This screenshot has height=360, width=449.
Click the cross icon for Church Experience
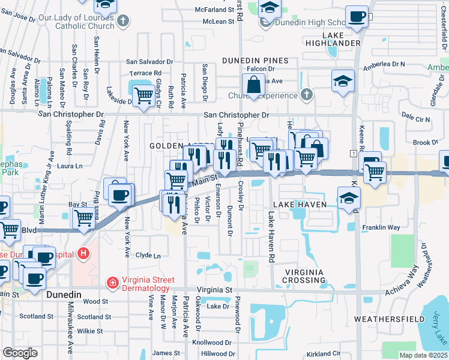click(x=306, y=95)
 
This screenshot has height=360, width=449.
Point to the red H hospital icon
click(x=83, y=254)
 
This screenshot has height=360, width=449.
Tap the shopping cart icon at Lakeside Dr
click(x=143, y=95)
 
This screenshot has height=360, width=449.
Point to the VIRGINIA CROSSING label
click(x=304, y=276)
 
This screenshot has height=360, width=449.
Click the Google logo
click(x=20, y=353)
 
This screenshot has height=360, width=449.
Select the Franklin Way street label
click(x=381, y=228)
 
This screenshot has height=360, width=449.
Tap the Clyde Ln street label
click(x=149, y=256)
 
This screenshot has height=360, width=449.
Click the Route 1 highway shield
click(x=355, y=154)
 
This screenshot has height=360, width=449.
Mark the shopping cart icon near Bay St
click(x=83, y=220)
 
